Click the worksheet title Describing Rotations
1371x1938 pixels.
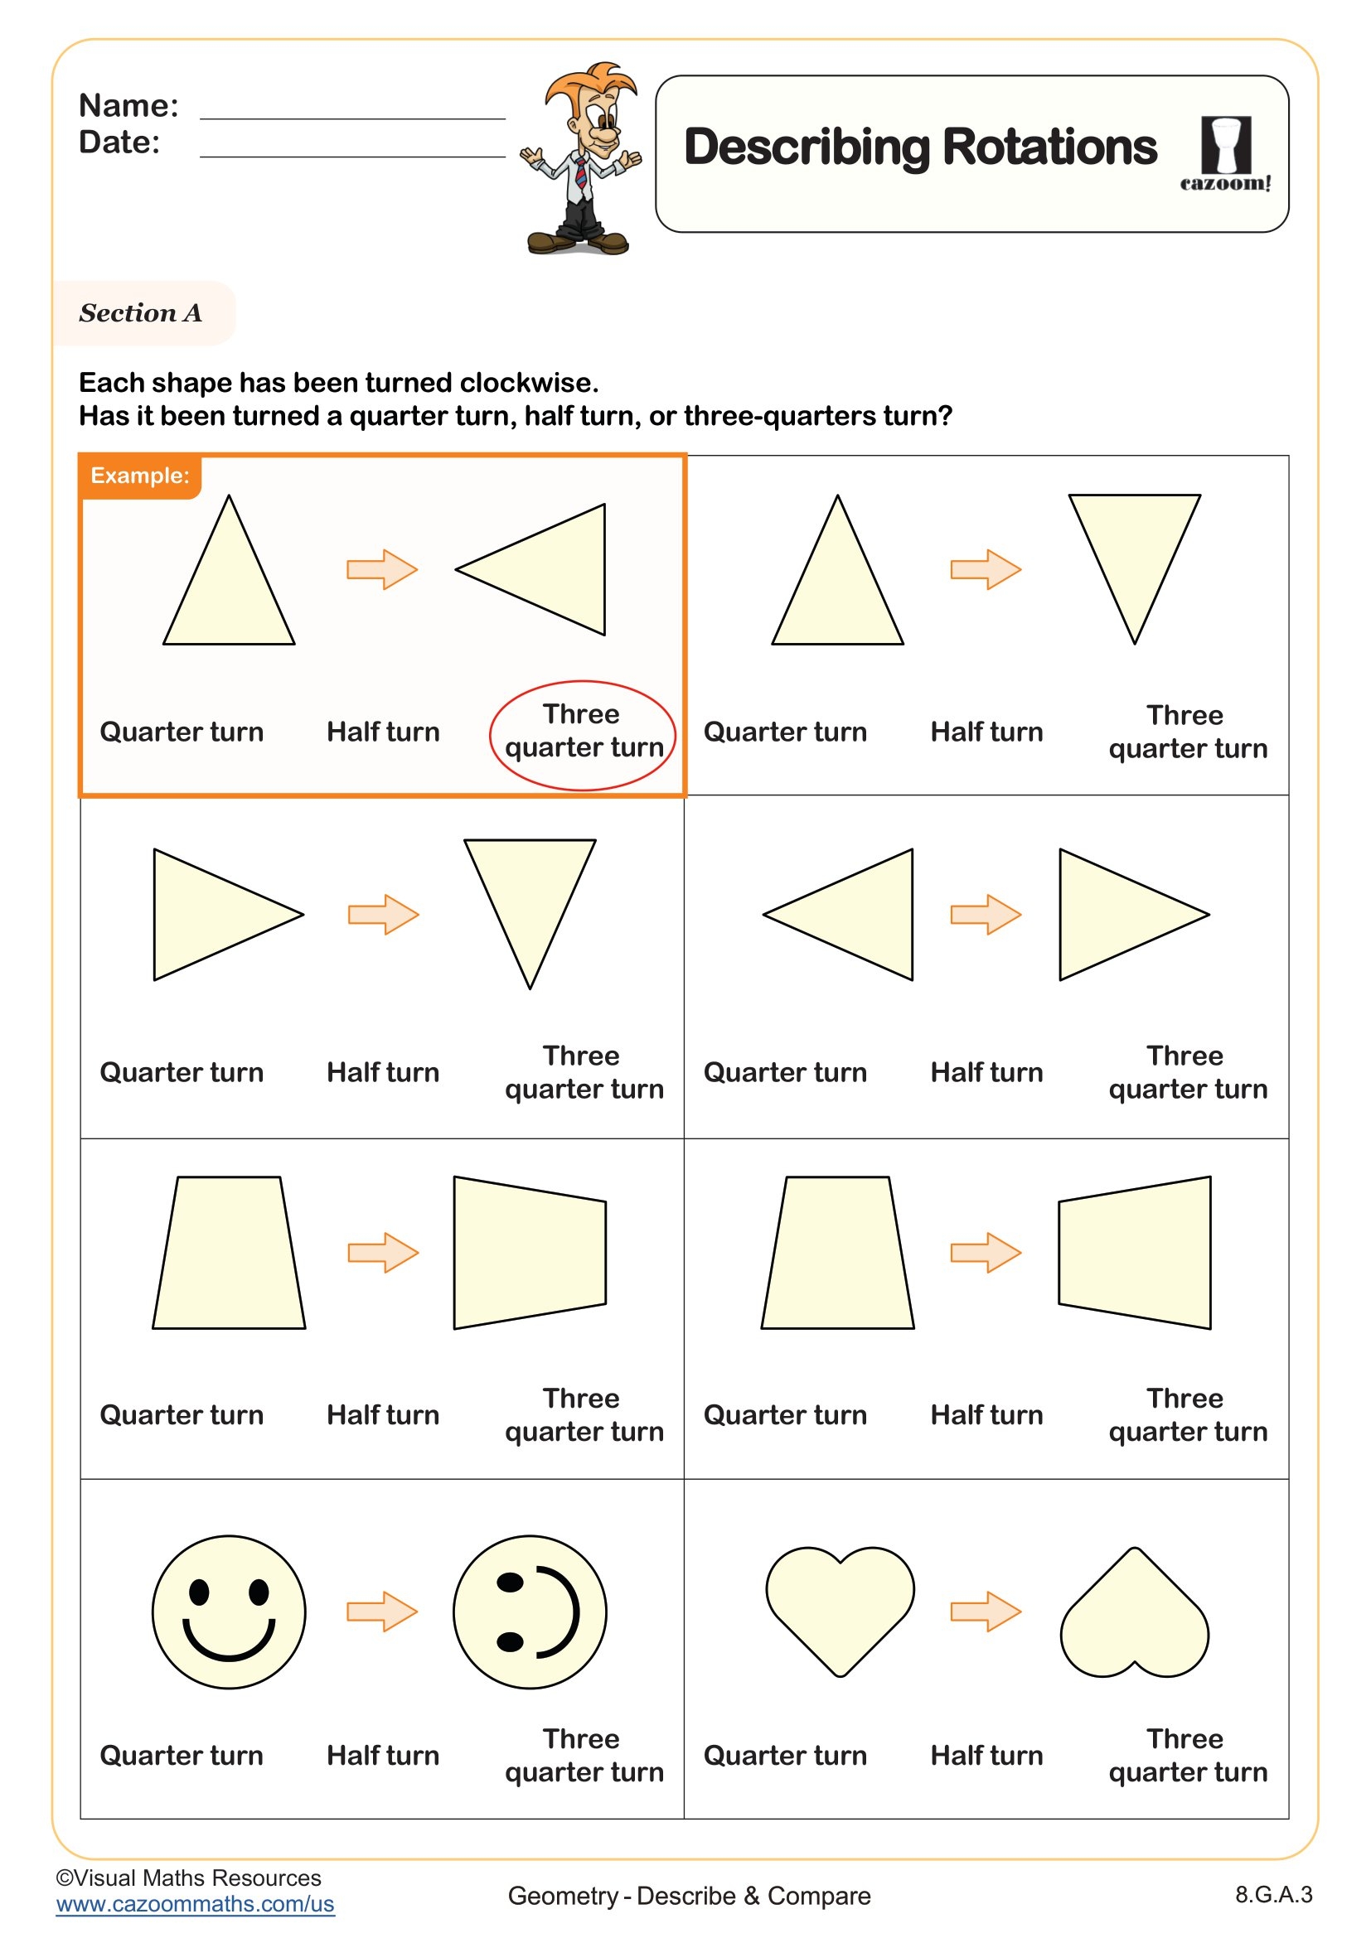919,147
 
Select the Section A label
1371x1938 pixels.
141,313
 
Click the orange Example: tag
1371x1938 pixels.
140,476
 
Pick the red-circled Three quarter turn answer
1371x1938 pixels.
583,732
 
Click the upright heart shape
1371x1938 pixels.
839,1604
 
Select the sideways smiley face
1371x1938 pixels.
530,1612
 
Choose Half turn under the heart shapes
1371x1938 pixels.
986,1756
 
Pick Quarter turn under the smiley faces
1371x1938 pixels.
182,1756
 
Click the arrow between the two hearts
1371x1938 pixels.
986,1612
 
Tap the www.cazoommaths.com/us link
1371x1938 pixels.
195,1904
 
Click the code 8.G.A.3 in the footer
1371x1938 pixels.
1273,1895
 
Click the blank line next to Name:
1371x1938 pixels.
352,109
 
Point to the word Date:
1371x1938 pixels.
119,143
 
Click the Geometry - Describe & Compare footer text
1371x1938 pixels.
689,1896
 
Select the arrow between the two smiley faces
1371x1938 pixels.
382,1612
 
